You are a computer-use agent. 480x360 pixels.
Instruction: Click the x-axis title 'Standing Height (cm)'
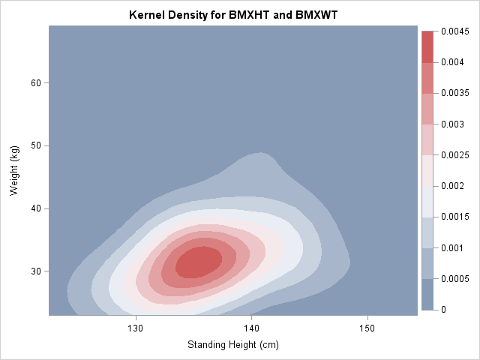(232, 344)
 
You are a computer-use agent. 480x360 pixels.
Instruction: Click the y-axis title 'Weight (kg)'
(14, 171)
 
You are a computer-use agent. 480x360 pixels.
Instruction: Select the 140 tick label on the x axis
(251, 328)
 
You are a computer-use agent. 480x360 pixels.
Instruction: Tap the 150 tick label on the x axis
(367, 328)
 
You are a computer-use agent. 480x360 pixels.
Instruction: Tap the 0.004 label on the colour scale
(452, 62)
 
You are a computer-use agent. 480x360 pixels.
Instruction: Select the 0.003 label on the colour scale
(452, 124)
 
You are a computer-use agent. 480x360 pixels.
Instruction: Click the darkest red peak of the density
(198, 262)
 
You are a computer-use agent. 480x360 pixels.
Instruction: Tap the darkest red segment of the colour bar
(427, 46)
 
